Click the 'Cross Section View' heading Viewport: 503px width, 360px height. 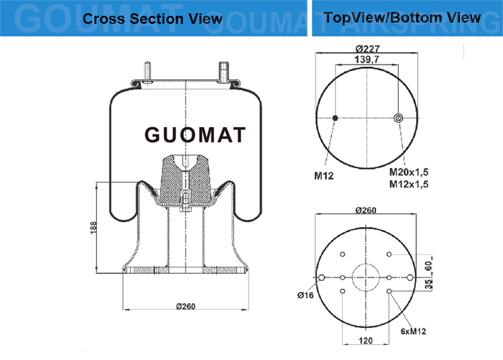click(x=152, y=19)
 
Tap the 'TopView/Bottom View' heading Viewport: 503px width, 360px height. click(x=402, y=17)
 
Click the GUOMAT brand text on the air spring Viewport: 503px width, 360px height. click(x=195, y=134)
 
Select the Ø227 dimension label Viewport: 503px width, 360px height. click(x=368, y=49)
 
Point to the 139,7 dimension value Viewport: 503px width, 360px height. click(x=366, y=60)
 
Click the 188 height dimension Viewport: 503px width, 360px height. click(x=93, y=228)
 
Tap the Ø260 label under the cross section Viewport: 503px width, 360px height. click(x=185, y=306)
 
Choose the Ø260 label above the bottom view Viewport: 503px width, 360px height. click(x=366, y=210)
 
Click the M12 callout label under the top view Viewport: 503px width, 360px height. click(x=323, y=175)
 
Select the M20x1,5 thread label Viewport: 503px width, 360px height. click(x=409, y=172)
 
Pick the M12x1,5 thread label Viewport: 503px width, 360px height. click(x=409, y=184)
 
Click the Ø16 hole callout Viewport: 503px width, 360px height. click(x=305, y=295)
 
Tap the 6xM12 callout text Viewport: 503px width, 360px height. click(x=413, y=331)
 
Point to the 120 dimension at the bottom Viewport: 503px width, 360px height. click(x=366, y=341)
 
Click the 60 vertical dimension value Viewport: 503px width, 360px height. click(x=428, y=265)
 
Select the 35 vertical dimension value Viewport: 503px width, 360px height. click(x=428, y=284)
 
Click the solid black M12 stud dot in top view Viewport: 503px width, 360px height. click(x=336, y=118)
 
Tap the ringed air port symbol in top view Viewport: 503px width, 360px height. click(x=398, y=118)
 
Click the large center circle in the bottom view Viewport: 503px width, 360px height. click(x=366, y=277)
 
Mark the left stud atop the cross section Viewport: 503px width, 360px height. click(x=147, y=72)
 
